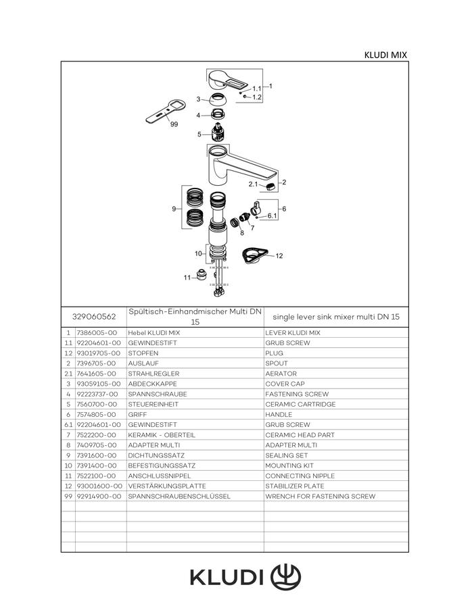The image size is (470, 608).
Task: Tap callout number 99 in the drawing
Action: coord(174,124)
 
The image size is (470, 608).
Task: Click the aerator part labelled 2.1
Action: coord(273,186)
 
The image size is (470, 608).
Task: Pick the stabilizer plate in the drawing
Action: coord(254,255)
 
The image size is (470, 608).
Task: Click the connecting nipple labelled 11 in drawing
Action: coord(201,274)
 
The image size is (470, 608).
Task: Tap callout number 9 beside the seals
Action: coord(174,209)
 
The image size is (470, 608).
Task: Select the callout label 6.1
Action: coord(272,216)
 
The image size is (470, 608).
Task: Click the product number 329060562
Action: coord(94,316)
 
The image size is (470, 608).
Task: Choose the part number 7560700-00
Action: coord(96,404)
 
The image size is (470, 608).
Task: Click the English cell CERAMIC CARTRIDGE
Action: coord(300,404)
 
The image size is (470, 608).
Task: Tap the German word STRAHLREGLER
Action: coord(154,374)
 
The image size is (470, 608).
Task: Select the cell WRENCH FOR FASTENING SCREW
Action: coord(320,496)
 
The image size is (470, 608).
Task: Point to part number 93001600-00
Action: coord(99,486)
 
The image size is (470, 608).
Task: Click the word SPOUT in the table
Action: coord(277,363)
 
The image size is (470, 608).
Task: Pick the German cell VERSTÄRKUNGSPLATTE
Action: coord(167,486)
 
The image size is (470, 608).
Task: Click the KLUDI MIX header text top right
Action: coord(385,55)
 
